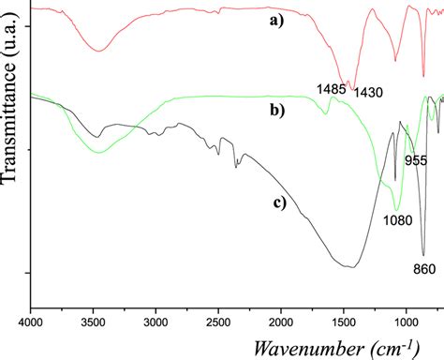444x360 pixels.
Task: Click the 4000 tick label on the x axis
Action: [x=31, y=319]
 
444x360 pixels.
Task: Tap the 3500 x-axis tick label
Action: [x=93, y=319]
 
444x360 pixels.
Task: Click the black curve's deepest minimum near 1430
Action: [x=352, y=267]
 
